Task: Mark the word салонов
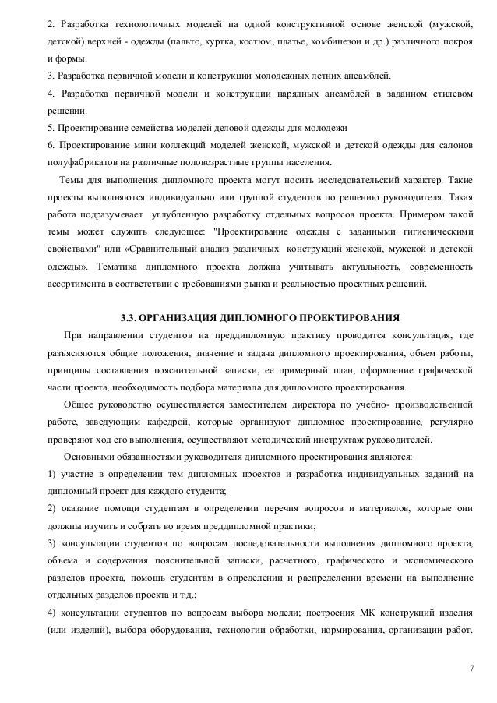point(452,146)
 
